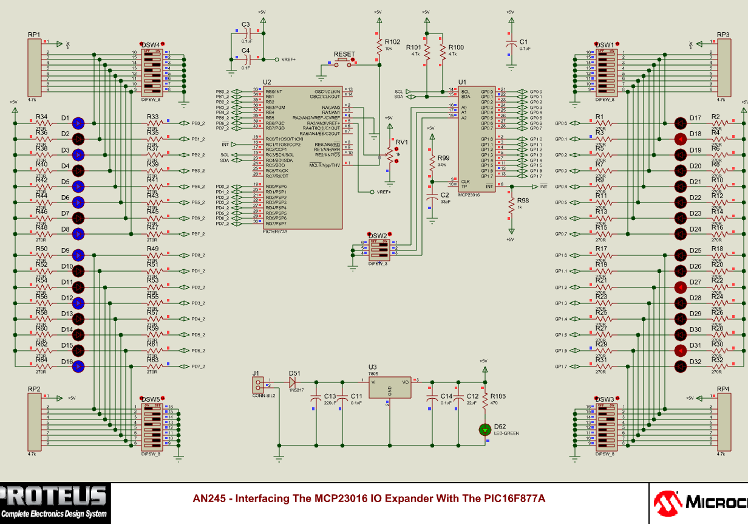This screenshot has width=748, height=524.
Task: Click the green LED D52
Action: (x=484, y=429)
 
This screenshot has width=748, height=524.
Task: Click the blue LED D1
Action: (x=78, y=123)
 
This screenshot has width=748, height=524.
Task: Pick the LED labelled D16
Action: (x=78, y=367)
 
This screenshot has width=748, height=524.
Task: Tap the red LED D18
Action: (x=679, y=139)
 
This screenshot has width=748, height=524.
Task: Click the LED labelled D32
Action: (x=679, y=367)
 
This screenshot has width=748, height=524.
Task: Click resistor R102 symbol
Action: (x=379, y=46)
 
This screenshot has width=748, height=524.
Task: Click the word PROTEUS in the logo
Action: (x=55, y=496)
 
